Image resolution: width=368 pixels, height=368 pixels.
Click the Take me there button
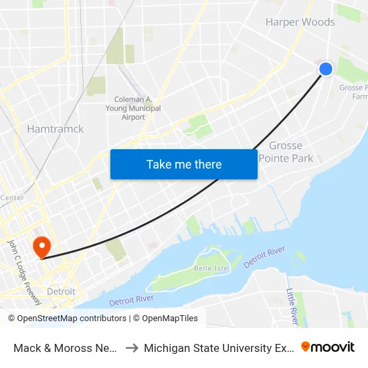click(x=184, y=164)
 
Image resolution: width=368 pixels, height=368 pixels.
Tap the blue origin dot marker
click(x=326, y=69)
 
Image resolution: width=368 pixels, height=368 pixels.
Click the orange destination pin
click(x=41, y=246)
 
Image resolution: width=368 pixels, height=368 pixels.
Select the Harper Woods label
click(x=300, y=22)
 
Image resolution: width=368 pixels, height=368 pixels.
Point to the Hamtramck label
click(x=55, y=128)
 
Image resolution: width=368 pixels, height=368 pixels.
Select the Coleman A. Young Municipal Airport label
click(x=133, y=108)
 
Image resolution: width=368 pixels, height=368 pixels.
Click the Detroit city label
click(x=61, y=292)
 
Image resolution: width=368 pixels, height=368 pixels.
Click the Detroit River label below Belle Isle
click(x=131, y=300)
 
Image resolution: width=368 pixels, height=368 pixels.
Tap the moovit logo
click(x=328, y=347)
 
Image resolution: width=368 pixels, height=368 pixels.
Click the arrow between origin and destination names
click(x=131, y=347)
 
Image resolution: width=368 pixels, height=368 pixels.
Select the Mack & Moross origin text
click(x=66, y=347)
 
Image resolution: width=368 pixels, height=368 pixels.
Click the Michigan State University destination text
click(x=218, y=347)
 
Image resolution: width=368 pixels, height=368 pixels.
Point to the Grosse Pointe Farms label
click(x=354, y=92)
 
